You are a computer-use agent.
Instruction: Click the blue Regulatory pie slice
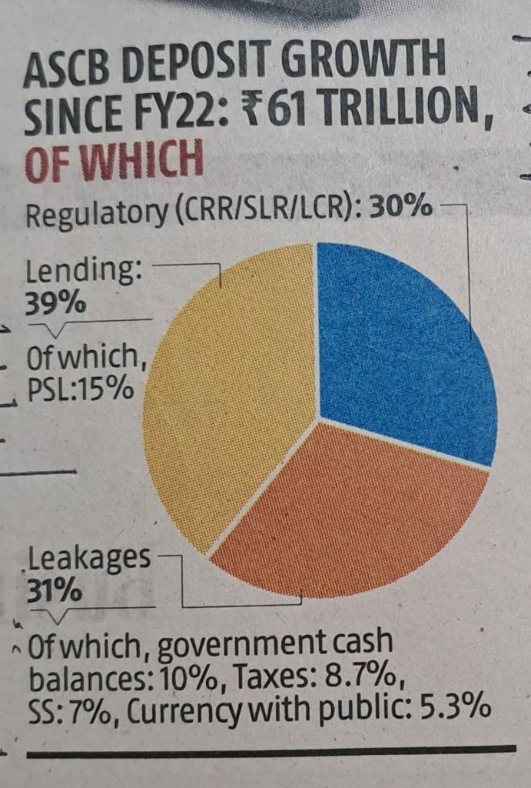coord(400,346)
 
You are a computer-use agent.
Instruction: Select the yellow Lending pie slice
coord(231,385)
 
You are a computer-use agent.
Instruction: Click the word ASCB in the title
coord(74,74)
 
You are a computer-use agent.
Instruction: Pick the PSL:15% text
coord(80,389)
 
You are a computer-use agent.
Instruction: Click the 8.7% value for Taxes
coord(357,678)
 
